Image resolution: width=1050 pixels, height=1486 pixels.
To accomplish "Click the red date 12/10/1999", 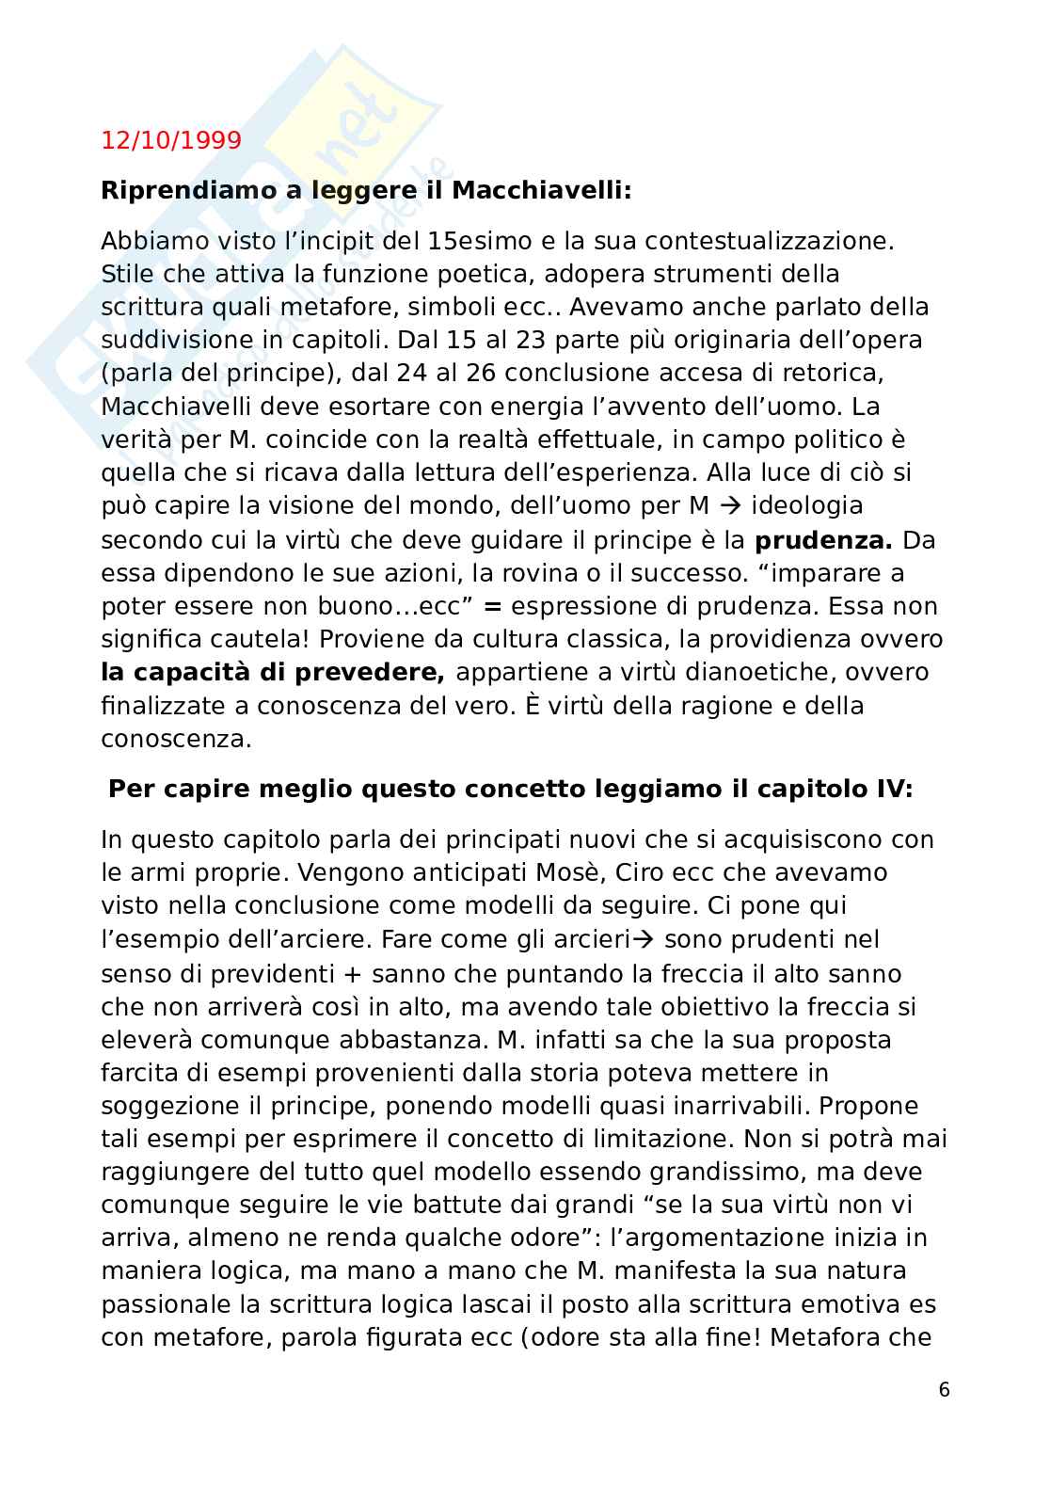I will [x=170, y=140].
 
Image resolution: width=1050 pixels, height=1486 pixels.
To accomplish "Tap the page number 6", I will [x=945, y=1389].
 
